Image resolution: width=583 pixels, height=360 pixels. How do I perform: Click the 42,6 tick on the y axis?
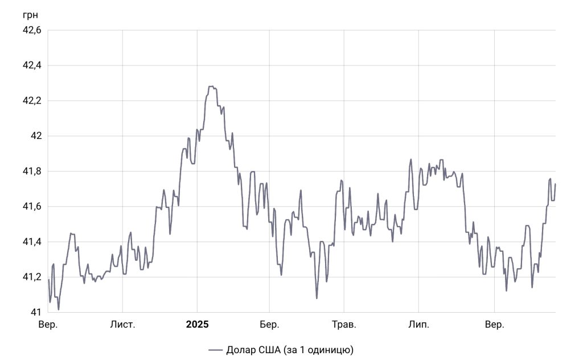pos(31,30)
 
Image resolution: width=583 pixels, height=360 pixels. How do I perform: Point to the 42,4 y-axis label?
pos(31,66)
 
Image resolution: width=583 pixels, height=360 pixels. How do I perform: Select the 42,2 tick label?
pos(31,101)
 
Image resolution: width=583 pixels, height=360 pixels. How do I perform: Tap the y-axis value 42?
pos(36,136)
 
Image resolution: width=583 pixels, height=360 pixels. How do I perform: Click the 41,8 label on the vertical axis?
pos(31,171)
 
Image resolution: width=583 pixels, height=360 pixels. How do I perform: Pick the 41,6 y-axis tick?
pos(31,207)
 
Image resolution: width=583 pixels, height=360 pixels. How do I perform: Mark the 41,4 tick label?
pos(31,242)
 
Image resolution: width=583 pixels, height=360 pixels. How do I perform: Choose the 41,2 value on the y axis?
pos(31,277)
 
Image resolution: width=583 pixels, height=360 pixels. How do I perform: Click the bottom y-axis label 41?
pos(36,312)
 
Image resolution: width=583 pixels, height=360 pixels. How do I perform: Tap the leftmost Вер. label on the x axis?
pos(48,325)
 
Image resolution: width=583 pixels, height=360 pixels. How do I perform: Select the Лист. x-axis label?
pos(122,325)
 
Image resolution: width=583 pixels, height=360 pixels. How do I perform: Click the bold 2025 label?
pos(197,325)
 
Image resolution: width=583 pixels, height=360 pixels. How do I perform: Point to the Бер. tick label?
pos(269,325)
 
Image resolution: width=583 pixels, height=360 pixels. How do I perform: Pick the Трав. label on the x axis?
pos(344,325)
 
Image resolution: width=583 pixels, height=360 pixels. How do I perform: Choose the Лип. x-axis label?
pos(418,325)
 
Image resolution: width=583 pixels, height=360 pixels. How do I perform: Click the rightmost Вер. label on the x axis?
pos(494,325)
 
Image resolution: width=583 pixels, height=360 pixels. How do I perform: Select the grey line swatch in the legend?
pos(215,349)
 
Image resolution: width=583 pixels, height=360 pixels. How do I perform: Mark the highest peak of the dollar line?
pos(211,87)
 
